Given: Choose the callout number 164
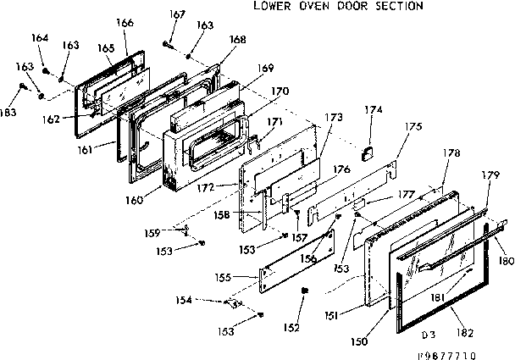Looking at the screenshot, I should click(39, 37).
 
